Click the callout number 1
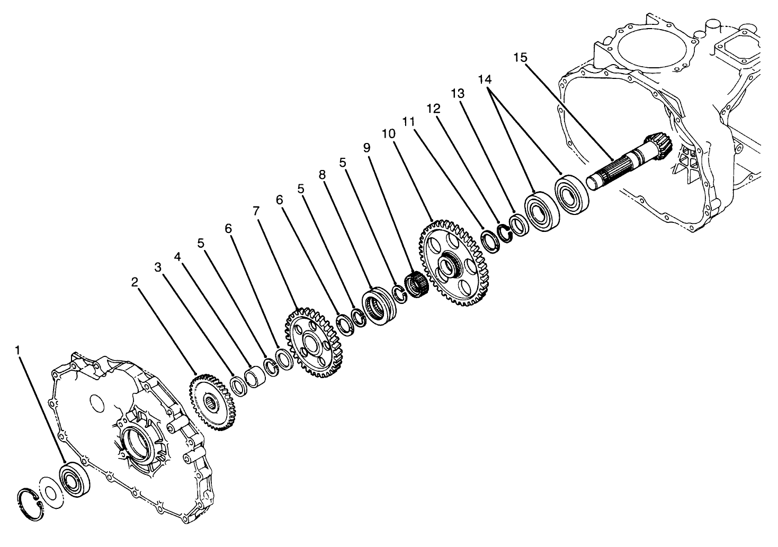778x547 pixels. coord(19,350)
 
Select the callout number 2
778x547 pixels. coord(135,282)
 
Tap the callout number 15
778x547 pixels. coord(520,58)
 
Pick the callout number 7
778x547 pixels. coord(256,211)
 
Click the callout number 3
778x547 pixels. coord(158,267)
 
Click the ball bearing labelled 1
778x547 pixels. coord(74,479)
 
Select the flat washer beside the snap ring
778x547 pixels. coord(51,492)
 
